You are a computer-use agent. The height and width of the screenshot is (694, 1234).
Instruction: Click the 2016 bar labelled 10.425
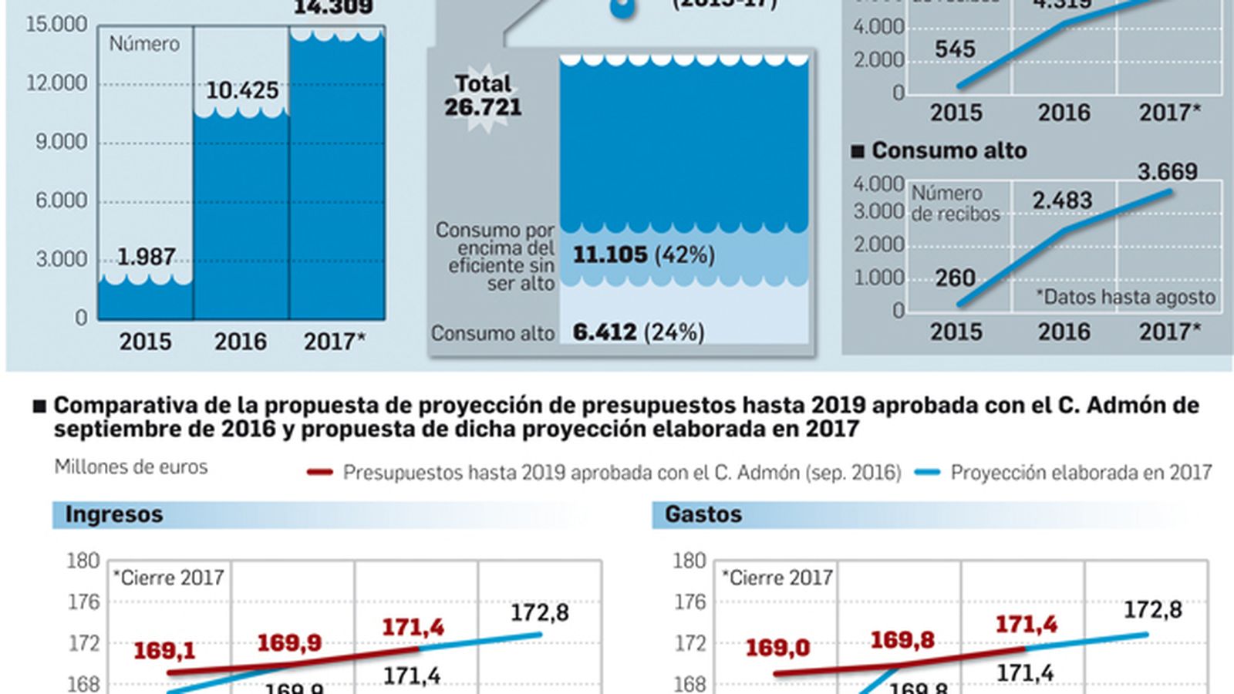241,216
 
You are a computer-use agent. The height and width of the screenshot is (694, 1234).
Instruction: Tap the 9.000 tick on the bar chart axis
61,142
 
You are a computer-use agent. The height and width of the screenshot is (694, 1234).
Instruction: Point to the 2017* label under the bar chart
334,342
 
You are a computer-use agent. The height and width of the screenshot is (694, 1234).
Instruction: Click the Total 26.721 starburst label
483,96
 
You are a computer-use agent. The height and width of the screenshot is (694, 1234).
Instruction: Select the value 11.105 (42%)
643,254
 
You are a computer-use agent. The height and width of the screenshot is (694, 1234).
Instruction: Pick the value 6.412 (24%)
638,332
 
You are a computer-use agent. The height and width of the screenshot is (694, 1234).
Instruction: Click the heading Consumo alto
949,150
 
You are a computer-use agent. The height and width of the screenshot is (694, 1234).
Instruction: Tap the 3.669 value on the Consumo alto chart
1167,171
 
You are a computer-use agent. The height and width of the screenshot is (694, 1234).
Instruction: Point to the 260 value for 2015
955,278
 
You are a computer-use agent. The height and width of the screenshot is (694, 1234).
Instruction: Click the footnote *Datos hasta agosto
1125,297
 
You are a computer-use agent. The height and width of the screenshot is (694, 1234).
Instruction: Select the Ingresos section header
114,514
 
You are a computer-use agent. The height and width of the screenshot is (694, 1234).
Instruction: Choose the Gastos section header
703,514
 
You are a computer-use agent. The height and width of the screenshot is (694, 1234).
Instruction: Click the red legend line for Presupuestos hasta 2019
319,472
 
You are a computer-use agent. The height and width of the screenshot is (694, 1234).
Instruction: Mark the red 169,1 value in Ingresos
164,651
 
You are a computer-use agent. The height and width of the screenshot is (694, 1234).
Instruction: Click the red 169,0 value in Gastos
777,648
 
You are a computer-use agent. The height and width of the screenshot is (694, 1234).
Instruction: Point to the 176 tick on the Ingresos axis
84,601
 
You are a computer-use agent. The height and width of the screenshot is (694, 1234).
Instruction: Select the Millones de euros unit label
131,467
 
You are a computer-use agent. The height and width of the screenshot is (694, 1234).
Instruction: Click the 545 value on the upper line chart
955,49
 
